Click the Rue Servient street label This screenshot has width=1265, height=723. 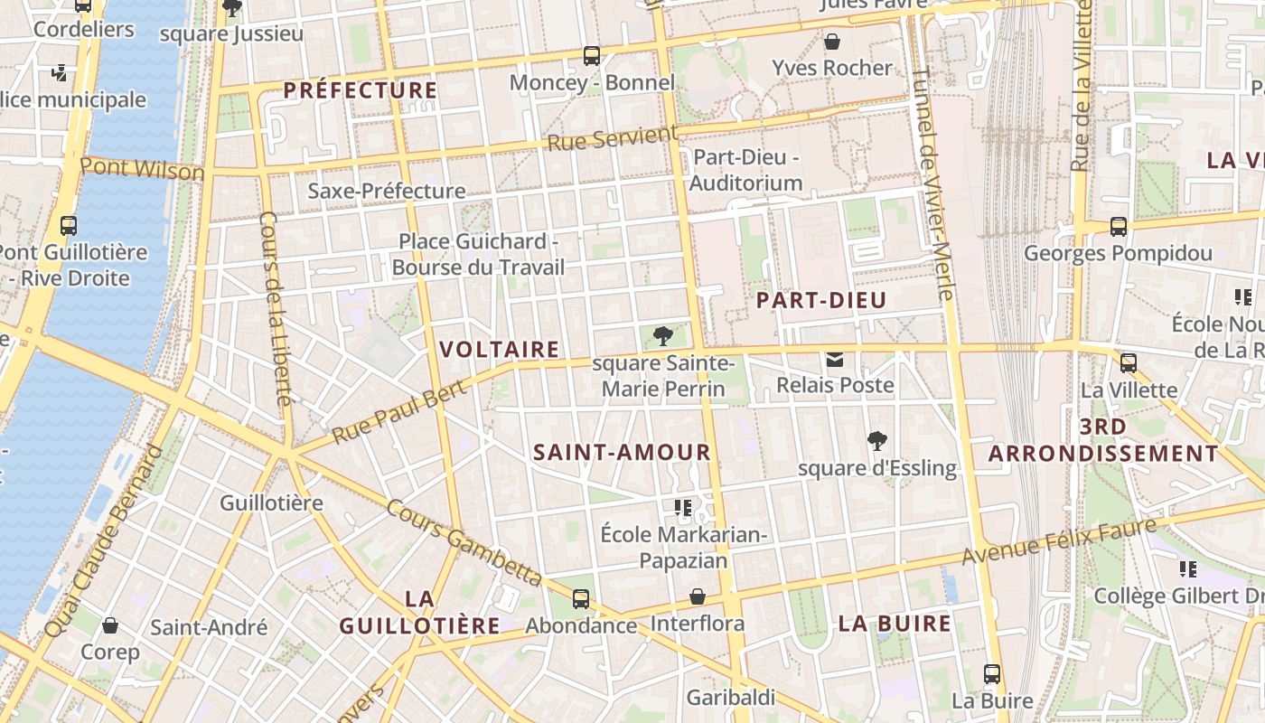(x=612, y=139)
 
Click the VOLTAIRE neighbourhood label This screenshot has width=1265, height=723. (x=499, y=350)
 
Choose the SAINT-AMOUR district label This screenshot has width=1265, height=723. (x=623, y=453)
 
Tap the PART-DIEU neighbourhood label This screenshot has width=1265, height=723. (x=821, y=300)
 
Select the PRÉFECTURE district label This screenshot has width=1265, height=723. (x=360, y=90)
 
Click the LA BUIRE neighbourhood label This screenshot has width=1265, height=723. (x=895, y=624)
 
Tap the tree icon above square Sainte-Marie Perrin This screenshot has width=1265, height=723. (x=662, y=336)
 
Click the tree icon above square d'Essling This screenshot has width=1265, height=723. (x=876, y=441)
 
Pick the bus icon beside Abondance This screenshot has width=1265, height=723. (x=581, y=598)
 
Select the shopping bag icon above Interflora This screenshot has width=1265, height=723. (x=698, y=596)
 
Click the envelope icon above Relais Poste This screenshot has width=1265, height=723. (x=835, y=360)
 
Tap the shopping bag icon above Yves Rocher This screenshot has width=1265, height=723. (x=832, y=42)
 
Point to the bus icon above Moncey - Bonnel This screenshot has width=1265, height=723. (x=592, y=56)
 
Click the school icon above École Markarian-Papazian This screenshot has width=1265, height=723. (x=683, y=508)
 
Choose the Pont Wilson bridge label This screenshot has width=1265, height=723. (x=142, y=168)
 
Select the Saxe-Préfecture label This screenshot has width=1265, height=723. (x=387, y=191)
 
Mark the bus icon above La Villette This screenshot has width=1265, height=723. (x=1129, y=363)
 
